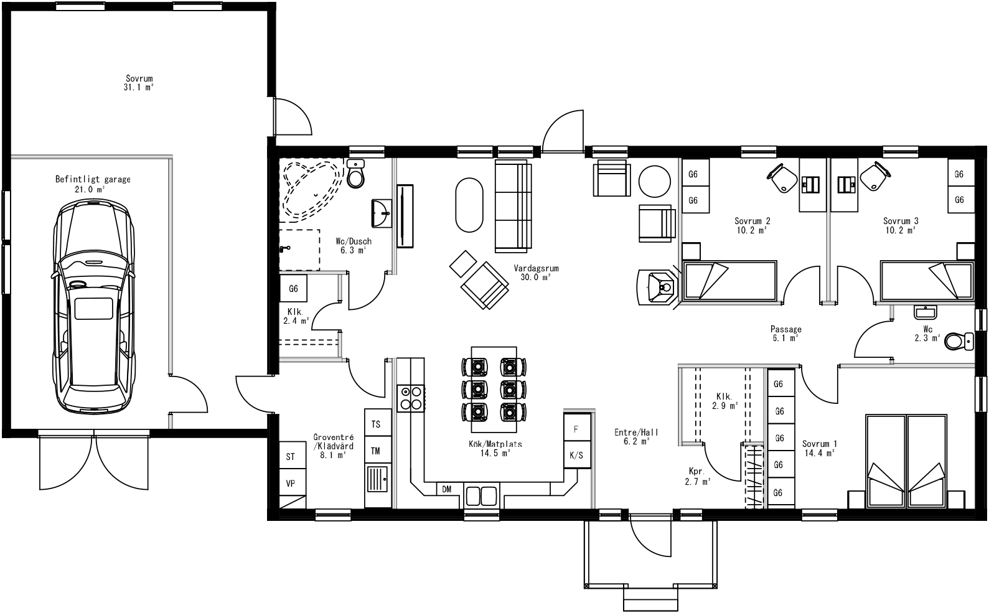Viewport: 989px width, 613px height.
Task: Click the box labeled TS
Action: (376, 424)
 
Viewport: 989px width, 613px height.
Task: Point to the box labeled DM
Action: (447, 490)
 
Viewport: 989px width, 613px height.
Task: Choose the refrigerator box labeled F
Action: (576, 429)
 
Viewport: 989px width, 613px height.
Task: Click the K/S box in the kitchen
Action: (576, 455)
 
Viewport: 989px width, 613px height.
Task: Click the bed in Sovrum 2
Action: (729, 281)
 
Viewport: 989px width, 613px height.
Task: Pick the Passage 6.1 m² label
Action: (785, 334)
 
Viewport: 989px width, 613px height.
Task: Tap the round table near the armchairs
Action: (655, 180)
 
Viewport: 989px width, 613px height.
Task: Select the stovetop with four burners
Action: (411, 398)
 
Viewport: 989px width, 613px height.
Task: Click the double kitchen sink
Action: (481, 496)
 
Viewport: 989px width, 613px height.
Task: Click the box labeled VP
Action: (291, 483)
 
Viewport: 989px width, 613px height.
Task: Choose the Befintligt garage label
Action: (93, 184)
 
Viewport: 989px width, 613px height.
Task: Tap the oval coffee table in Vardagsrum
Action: (469, 205)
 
